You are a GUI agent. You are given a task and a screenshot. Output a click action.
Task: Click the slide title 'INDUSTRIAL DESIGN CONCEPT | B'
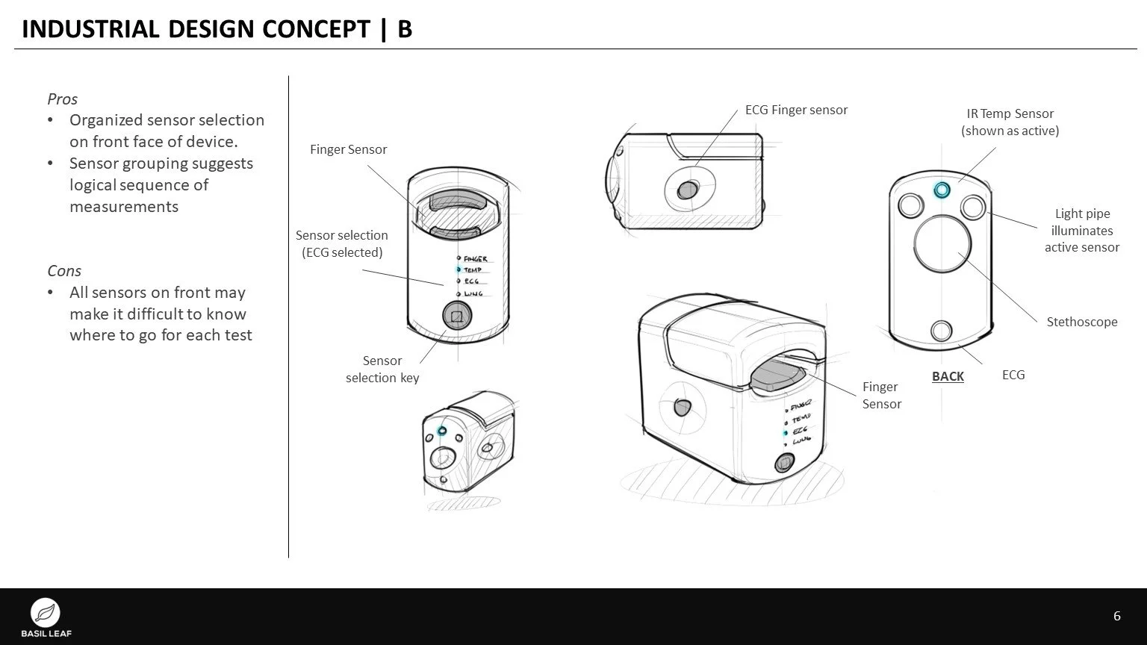pyautogui.click(x=217, y=29)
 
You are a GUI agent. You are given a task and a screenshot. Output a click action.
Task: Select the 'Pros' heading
pyautogui.click(x=63, y=99)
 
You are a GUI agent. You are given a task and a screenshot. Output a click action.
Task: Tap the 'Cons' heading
pyautogui.click(x=64, y=271)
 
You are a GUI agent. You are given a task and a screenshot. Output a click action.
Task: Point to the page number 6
pyautogui.click(x=1116, y=616)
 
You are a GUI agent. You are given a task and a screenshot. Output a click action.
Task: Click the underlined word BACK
pyautogui.click(x=948, y=376)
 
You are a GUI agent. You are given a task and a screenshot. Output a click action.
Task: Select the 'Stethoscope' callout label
pyautogui.click(x=1081, y=322)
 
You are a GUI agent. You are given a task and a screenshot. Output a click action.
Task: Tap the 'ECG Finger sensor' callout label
pyautogui.click(x=796, y=110)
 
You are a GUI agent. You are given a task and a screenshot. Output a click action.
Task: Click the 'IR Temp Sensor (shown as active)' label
pyautogui.click(x=1010, y=122)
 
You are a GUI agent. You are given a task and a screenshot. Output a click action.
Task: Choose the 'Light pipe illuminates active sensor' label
pyautogui.click(x=1081, y=231)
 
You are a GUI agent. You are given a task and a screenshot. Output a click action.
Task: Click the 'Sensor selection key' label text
pyautogui.click(x=382, y=369)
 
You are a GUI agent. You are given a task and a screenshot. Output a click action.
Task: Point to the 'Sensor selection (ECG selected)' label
pyautogui.click(x=342, y=244)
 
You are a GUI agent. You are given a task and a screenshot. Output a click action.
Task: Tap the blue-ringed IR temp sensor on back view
pyautogui.click(x=942, y=190)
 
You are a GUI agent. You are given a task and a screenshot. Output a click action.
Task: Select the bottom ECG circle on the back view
pyautogui.click(x=941, y=330)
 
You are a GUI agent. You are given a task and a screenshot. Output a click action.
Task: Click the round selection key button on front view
pyautogui.click(x=456, y=317)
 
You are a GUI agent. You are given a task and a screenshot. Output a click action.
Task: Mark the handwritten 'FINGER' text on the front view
pyautogui.click(x=475, y=259)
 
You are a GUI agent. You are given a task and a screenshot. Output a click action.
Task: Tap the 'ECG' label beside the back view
pyautogui.click(x=1013, y=375)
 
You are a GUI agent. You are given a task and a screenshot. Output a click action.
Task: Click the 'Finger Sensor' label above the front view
pyautogui.click(x=349, y=149)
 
